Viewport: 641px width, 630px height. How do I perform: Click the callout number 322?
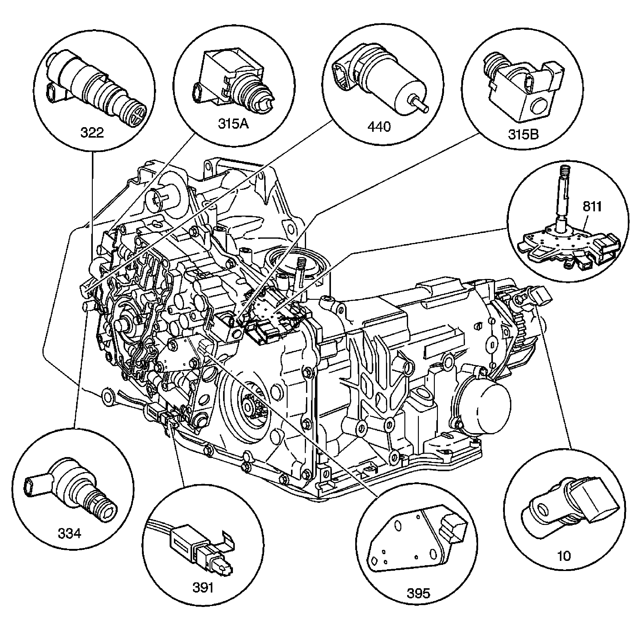click(92, 133)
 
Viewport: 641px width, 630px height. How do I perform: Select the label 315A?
click(233, 124)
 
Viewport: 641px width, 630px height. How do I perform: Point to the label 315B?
click(523, 134)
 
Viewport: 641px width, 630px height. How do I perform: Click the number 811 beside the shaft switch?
click(592, 206)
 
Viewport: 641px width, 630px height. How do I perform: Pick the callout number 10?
click(564, 556)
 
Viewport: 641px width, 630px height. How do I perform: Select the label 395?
click(418, 593)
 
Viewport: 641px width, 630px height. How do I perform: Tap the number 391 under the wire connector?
click(203, 588)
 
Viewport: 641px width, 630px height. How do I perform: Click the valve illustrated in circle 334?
click(73, 490)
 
